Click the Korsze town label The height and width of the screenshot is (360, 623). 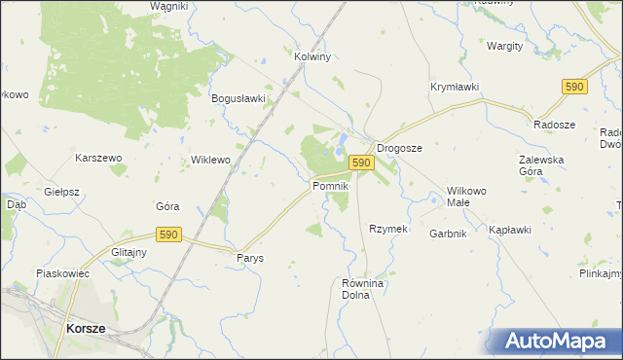(86, 329)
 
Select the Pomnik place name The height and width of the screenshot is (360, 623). (329, 185)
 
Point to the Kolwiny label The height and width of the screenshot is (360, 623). (312, 56)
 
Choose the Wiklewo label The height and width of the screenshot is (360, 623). (210, 159)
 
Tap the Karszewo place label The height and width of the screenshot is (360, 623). (98, 157)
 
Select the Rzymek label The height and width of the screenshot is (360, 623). (386, 229)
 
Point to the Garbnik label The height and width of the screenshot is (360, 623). (449, 234)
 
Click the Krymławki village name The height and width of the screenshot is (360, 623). (455, 87)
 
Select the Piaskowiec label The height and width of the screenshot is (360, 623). (62, 273)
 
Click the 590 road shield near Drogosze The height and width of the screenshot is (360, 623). (360, 162)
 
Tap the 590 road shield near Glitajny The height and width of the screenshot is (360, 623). (169, 234)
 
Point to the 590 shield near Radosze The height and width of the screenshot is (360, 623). (573, 87)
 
